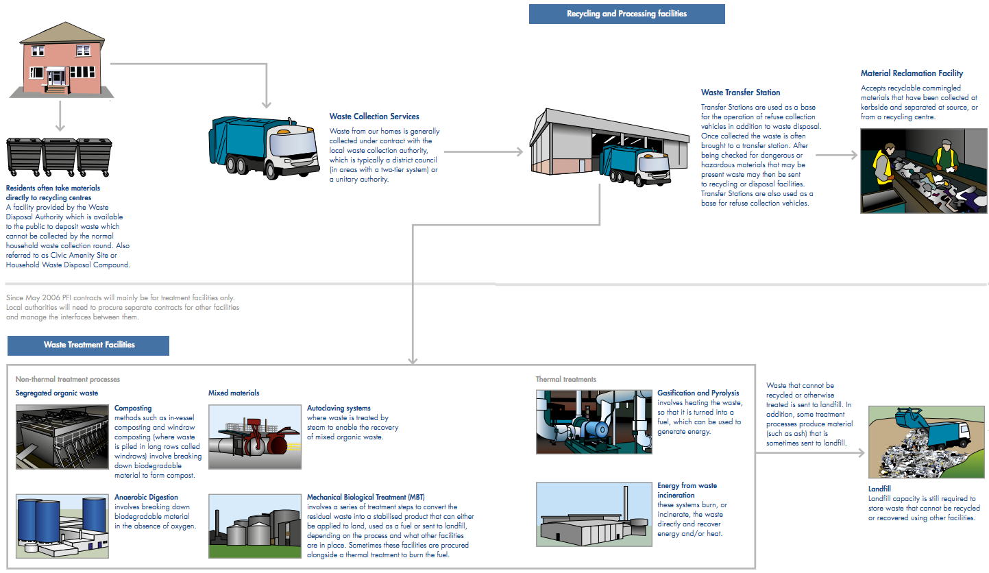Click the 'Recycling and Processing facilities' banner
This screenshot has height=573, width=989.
(x=626, y=14)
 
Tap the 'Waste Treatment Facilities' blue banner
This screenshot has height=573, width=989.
(x=88, y=345)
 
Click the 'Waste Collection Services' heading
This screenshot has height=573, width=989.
(x=374, y=117)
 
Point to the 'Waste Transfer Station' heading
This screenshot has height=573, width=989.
(x=740, y=93)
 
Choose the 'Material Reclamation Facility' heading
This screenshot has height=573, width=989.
(x=912, y=73)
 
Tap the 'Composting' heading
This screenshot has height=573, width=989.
(x=133, y=409)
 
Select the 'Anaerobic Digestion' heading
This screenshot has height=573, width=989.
(x=146, y=497)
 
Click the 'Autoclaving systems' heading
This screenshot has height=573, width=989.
(x=339, y=409)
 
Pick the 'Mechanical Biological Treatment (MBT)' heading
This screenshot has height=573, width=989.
(x=366, y=497)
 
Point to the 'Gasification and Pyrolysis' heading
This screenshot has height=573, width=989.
(x=698, y=393)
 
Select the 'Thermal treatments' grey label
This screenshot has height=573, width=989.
(x=566, y=379)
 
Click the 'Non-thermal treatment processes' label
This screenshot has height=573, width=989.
(x=67, y=379)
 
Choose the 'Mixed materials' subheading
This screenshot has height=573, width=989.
(x=234, y=393)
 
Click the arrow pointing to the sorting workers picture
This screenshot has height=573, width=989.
(x=836, y=156)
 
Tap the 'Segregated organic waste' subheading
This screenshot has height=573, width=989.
(x=56, y=393)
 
